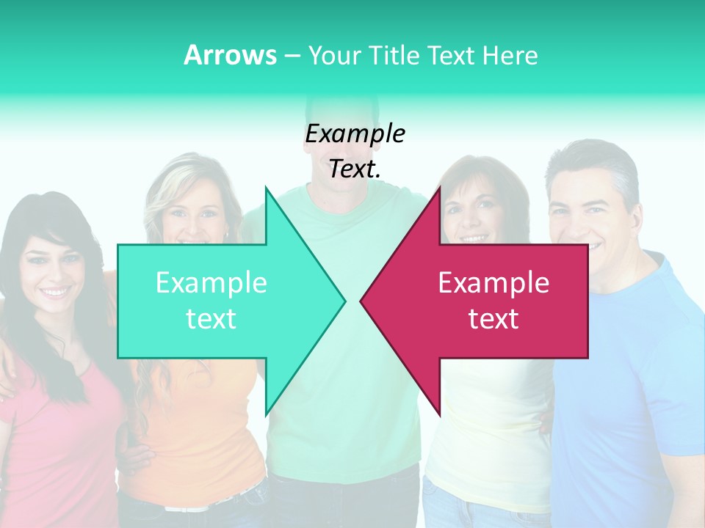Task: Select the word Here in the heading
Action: coord(510,55)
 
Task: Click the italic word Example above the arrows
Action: coord(355,133)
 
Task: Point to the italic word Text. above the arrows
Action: coord(355,169)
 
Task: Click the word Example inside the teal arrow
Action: coord(211,283)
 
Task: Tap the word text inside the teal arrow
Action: coord(211,319)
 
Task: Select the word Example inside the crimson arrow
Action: coord(493,283)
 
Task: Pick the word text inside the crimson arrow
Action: coord(493,319)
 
